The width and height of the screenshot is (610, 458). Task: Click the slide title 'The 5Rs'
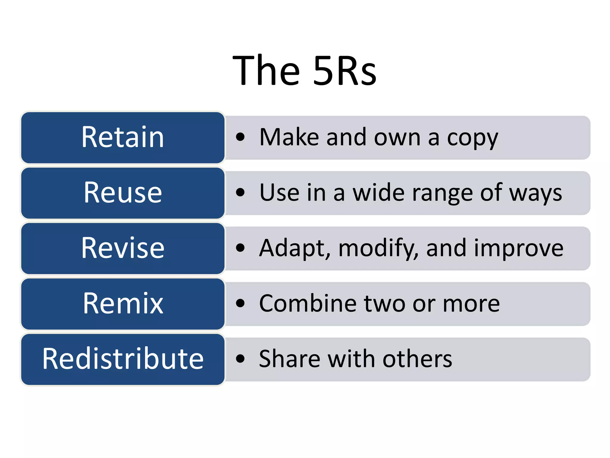(x=304, y=71)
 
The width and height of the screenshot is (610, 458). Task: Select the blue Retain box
(x=123, y=137)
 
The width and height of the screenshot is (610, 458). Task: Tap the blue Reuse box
(x=123, y=193)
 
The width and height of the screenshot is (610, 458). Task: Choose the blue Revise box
(x=123, y=248)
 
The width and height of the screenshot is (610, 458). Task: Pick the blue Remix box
(x=123, y=304)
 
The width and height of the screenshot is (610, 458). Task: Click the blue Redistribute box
(x=123, y=359)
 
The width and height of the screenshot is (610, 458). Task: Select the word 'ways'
(x=535, y=194)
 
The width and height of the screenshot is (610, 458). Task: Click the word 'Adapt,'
(x=295, y=248)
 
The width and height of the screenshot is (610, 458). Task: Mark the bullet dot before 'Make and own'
(x=240, y=137)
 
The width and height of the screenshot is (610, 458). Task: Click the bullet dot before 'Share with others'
(x=240, y=359)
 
